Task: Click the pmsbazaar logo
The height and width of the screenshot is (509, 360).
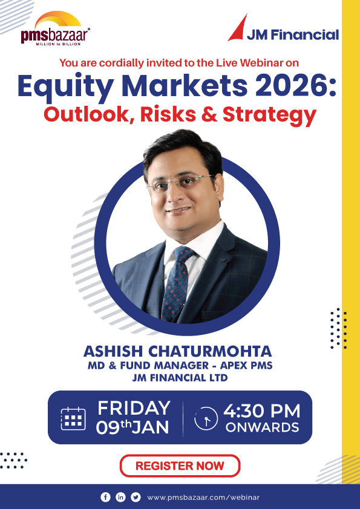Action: coord(55,29)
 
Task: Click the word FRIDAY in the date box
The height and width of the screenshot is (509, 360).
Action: coord(133,408)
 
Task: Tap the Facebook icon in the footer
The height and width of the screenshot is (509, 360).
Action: coord(106,497)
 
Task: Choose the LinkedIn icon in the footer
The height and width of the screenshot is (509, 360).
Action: coord(120,497)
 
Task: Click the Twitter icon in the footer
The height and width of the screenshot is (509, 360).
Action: coord(136,497)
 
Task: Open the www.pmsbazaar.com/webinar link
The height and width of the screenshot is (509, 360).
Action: coord(203,497)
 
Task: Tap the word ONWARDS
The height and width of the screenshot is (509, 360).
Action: coord(262,427)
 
